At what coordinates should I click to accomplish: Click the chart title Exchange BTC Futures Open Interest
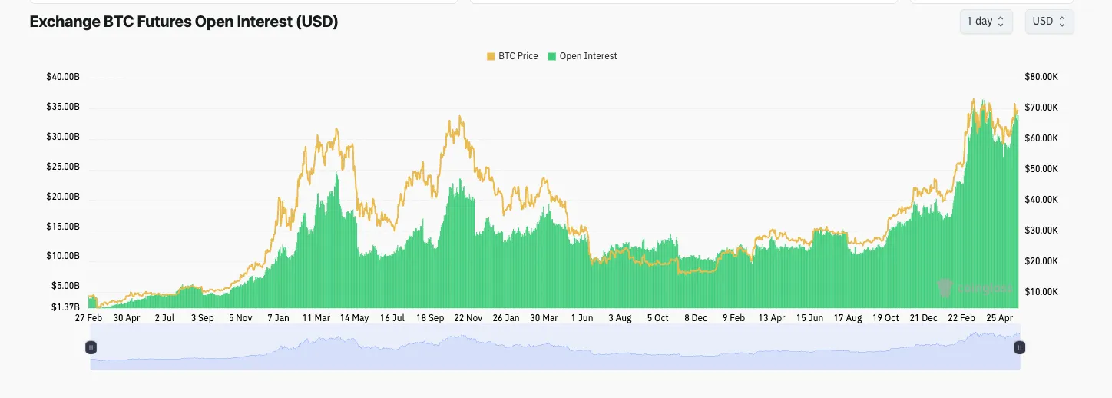184,22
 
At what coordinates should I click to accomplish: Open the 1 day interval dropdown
985,22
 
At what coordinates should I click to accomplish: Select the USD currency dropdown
1049,22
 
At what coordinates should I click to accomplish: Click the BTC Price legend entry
512,56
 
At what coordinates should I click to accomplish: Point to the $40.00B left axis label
63,77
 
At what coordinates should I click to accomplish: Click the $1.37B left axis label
65,307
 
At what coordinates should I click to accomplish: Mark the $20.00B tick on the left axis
63,197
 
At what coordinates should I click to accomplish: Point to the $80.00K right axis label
1041,77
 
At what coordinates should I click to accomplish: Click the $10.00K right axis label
1041,292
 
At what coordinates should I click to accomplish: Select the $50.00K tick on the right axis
1041,169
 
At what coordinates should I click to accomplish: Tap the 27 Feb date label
89,318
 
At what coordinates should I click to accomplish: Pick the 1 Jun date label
581,318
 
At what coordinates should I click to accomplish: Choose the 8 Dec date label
696,318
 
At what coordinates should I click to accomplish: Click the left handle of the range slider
91,347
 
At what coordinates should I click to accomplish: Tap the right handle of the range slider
1020,347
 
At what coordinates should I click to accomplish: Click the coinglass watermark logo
975,288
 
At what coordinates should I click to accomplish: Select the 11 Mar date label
316,318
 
